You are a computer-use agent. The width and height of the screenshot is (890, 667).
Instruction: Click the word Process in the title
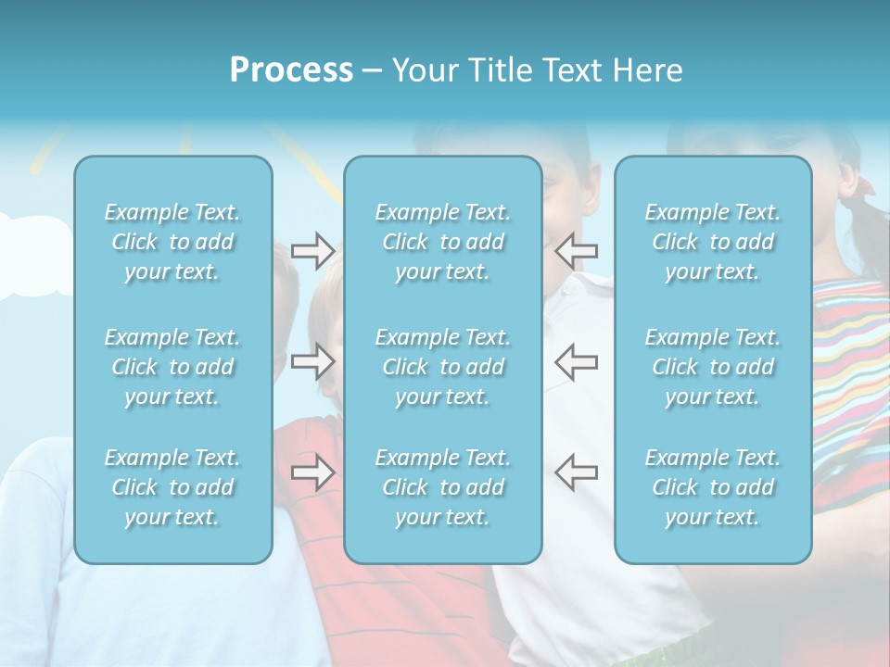point(291,70)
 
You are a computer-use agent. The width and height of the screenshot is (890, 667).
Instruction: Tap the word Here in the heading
point(648,70)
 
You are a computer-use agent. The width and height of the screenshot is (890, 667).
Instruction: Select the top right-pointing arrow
point(312,250)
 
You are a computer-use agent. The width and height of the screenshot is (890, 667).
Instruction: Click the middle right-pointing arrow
point(312,361)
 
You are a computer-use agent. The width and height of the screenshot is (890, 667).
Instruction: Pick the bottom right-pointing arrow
point(312,472)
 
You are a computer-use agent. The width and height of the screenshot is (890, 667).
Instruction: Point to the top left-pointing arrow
point(577,250)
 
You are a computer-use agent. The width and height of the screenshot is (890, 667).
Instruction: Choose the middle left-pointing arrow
point(577,361)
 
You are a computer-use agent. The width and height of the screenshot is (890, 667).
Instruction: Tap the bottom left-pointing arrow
point(577,472)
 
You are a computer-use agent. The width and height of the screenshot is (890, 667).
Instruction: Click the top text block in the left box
point(172,242)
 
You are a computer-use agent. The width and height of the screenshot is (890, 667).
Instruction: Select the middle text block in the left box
point(172,367)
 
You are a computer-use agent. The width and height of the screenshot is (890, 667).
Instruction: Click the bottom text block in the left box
point(172,487)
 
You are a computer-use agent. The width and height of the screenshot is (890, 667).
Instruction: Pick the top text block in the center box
point(443,242)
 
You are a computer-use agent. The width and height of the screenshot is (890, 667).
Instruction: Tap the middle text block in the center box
point(443,367)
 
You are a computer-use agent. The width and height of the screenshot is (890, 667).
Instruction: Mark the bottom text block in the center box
point(443,487)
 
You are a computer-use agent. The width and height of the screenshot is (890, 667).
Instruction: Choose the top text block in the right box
point(713,242)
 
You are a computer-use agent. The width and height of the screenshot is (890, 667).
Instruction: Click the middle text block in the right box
point(713,367)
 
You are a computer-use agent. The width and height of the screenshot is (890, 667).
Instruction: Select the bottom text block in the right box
point(713,487)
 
